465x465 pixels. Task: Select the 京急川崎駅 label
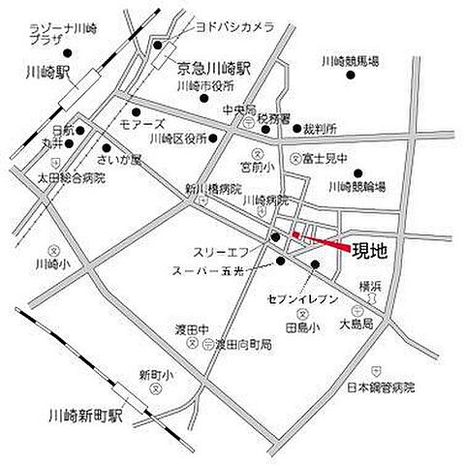pos(214,68)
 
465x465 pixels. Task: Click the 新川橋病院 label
pos(211,189)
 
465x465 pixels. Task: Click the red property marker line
pos(322,241)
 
